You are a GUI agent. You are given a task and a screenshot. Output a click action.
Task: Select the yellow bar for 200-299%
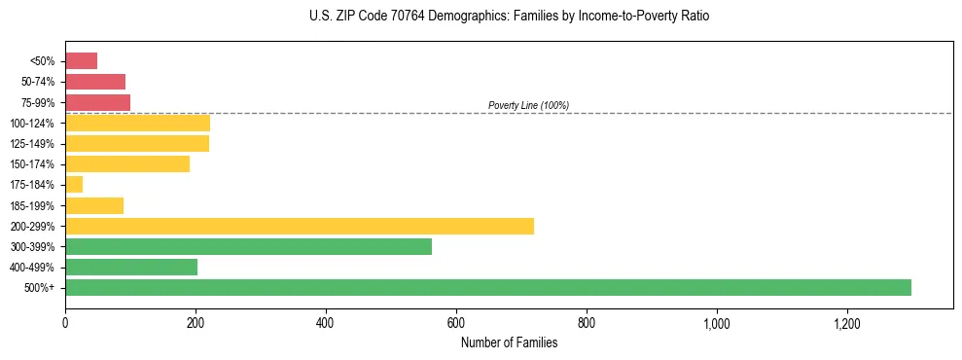coord(300,226)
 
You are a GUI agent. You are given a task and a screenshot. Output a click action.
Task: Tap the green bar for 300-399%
coord(248,247)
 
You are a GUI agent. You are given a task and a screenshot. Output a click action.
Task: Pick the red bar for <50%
coord(81,61)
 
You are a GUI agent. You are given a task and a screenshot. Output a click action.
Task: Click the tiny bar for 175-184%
coord(74,185)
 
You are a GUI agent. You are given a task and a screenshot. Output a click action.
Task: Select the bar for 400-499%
coord(131,268)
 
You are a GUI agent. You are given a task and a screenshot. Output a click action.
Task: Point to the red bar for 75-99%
coord(97,102)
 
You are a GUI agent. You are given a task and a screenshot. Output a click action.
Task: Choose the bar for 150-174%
coord(127,164)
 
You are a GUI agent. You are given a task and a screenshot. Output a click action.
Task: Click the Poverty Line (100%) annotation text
coord(528,105)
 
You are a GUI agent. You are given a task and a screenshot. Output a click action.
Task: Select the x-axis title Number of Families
coord(509,342)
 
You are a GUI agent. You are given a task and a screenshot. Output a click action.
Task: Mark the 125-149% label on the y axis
coord(32,144)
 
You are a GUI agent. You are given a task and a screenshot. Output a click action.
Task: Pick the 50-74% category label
coord(37,82)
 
